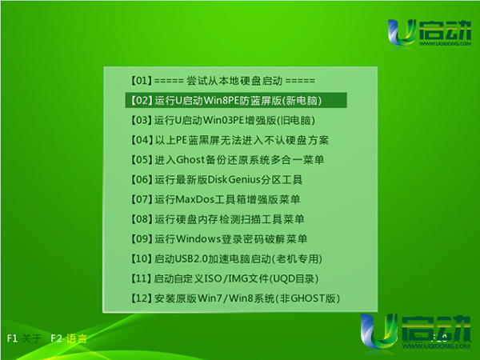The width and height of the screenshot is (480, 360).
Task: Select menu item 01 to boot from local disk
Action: pos(222,81)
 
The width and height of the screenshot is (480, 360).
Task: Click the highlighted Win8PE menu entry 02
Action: pos(236,101)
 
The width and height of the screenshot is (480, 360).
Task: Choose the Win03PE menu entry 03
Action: pos(223,120)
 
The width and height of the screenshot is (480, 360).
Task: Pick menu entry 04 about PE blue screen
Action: pos(230,140)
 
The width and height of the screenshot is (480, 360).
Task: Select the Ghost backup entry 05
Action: pos(227,160)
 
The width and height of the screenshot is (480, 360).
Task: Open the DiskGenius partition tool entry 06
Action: pos(217,180)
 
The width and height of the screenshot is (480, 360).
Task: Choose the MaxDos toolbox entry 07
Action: pos(215,199)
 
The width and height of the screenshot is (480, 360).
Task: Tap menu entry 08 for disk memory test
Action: pos(218,219)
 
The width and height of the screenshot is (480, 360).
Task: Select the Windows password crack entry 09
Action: pos(219,239)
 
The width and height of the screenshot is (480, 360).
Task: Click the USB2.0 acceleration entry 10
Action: pos(226,259)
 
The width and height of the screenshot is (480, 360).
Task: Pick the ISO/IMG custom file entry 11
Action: pos(225,278)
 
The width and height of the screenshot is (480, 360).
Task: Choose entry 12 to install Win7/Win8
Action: pos(235,298)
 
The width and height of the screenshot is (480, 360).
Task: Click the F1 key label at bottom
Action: pos(12,338)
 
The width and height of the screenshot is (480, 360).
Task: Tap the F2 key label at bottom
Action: pos(56,338)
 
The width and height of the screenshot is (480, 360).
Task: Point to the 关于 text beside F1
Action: pos(31,338)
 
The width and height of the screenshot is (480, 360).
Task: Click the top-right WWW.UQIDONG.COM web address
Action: pos(445,43)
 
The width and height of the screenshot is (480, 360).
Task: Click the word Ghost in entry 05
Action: pos(190,160)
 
